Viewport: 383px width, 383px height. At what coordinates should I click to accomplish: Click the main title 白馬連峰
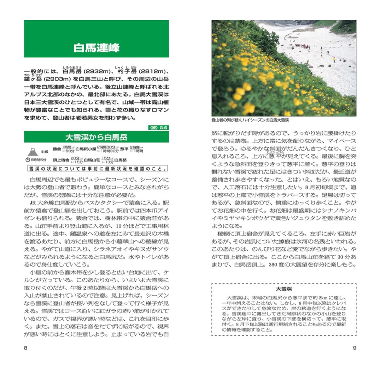click(x=96, y=48)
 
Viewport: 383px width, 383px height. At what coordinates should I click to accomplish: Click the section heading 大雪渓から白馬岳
click(x=96, y=137)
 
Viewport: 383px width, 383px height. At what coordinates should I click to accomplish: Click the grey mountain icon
click(x=32, y=151)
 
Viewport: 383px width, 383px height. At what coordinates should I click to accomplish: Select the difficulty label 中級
click(x=44, y=152)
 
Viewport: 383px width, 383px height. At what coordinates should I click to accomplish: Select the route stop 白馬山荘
click(x=92, y=160)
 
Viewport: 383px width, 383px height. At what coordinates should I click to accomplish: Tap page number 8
click(x=25, y=348)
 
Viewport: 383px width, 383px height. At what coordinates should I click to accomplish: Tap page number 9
click(x=354, y=348)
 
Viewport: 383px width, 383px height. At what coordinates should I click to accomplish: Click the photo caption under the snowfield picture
click(x=250, y=120)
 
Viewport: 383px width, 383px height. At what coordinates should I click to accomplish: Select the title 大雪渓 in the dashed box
click(x=284, y=289)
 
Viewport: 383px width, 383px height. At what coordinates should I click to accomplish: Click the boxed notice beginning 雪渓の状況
click(x=96, y=169)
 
